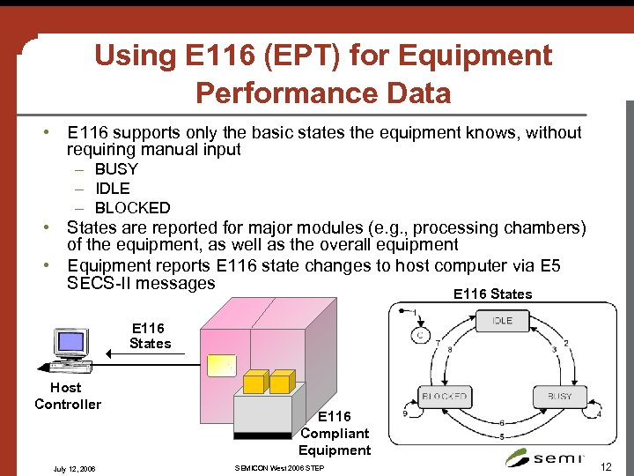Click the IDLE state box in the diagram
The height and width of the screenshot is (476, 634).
click(502, 322)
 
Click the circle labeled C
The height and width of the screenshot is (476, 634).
click(421, 334)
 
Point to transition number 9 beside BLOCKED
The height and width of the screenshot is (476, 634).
click(403, 412)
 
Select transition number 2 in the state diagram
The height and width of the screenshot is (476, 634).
click(565, 343)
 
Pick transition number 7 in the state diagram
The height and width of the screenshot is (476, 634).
click(438, 342)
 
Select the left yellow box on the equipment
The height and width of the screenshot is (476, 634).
click(254, 382)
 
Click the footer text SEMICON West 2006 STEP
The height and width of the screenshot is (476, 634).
click(279, 467)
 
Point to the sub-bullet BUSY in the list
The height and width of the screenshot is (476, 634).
click(116, 169)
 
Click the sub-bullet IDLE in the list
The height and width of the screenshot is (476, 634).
click(112, 189)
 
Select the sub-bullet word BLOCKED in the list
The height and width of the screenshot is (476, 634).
click(132, 208)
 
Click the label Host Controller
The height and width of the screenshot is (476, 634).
click(67, 396)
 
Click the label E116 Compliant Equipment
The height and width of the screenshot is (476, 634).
click(335, 433)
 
